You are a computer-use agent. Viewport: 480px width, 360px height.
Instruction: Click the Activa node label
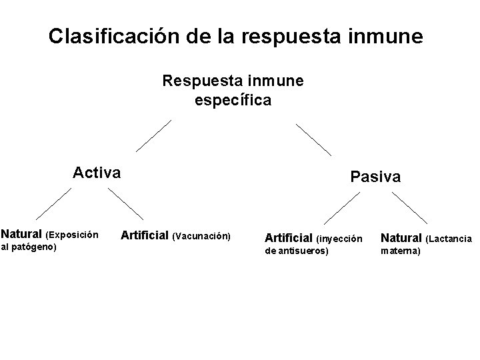pyautogui.click(x=97, y=173)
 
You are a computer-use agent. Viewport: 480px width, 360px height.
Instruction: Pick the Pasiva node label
pyautogui.click(x=375, y=177)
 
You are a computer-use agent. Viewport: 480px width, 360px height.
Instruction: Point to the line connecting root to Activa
pyautogui.click(x=153, y=137)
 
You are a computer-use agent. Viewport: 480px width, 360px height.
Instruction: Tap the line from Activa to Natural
pyautogui.click(x=53, y=203)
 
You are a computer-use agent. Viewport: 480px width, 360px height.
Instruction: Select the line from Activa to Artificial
pyautogui.click(x=125, y=204)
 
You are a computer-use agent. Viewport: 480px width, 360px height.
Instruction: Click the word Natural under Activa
pyautogui.click(x=21, y=235)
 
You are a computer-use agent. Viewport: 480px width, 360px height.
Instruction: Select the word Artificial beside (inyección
pyautogui.click(x=289, y=237)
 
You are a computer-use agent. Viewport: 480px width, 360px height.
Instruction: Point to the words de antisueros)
pyautogui.click(x=297, y=251)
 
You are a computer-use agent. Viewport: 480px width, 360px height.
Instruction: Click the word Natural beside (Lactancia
pyautogui.click(x=401, y=237)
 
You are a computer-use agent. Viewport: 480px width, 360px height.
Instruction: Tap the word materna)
pyautogui.click(x=400, y=251)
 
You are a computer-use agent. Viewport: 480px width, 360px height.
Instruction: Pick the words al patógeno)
pyautogui.click(x=29, y=247)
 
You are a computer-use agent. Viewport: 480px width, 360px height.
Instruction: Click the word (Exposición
pyautogui.click(x=71, y=235)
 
